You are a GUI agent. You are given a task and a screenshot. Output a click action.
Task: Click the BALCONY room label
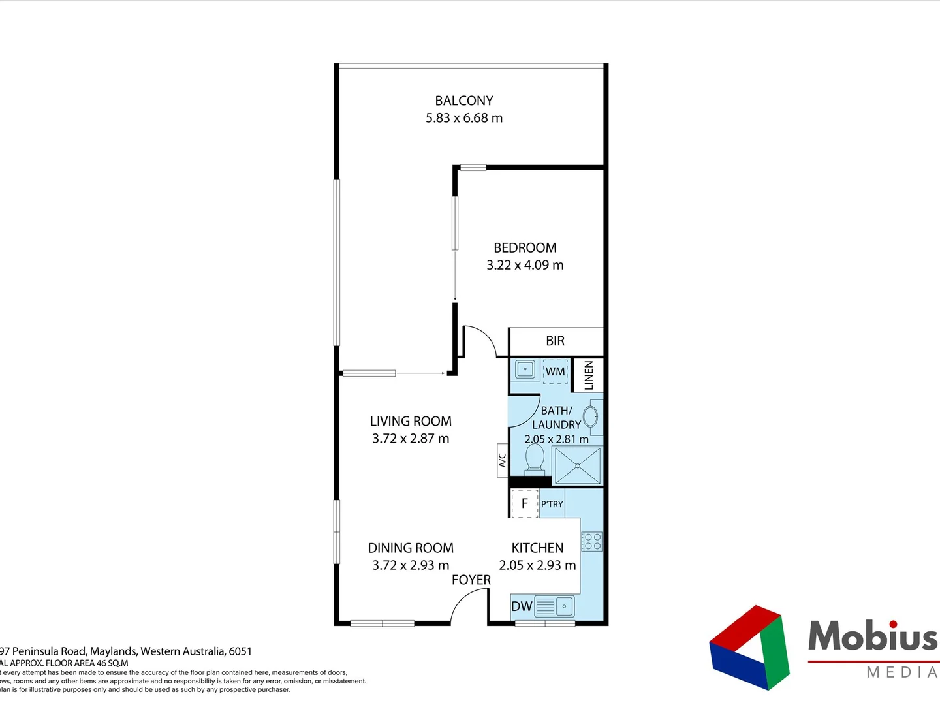click(463, 101)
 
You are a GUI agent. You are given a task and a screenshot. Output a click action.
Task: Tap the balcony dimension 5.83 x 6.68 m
click(463, 118)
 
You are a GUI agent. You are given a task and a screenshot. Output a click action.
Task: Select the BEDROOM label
click(525, 248)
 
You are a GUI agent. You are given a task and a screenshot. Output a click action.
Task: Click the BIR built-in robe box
click(555, 341)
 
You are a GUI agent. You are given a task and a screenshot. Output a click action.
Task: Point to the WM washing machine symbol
click(555, 371)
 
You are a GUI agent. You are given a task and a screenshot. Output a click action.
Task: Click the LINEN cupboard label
click(588, 375)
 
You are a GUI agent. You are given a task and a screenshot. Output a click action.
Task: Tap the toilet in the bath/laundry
click(535, 459)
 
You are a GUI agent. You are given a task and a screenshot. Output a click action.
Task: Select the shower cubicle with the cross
click(577, 465)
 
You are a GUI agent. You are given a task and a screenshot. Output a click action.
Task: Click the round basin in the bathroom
click(591, 416)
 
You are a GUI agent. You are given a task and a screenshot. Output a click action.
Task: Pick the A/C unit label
click(502, 460)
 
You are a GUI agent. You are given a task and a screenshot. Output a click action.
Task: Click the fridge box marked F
click(524, 504)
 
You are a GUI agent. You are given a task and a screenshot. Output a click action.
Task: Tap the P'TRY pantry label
click(552, 504)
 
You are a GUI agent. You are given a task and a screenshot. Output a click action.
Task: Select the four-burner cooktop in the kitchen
click(592, 542)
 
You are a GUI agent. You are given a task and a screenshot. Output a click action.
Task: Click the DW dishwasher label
click(521, 606)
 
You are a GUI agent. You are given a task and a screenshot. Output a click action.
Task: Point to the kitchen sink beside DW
click(555, 606)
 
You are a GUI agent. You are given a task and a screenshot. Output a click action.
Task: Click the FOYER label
click(471, 580)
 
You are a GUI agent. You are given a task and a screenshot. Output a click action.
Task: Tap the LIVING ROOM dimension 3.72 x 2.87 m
click(411, 439)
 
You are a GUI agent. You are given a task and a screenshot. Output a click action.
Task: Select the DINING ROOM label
click(411, 548)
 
